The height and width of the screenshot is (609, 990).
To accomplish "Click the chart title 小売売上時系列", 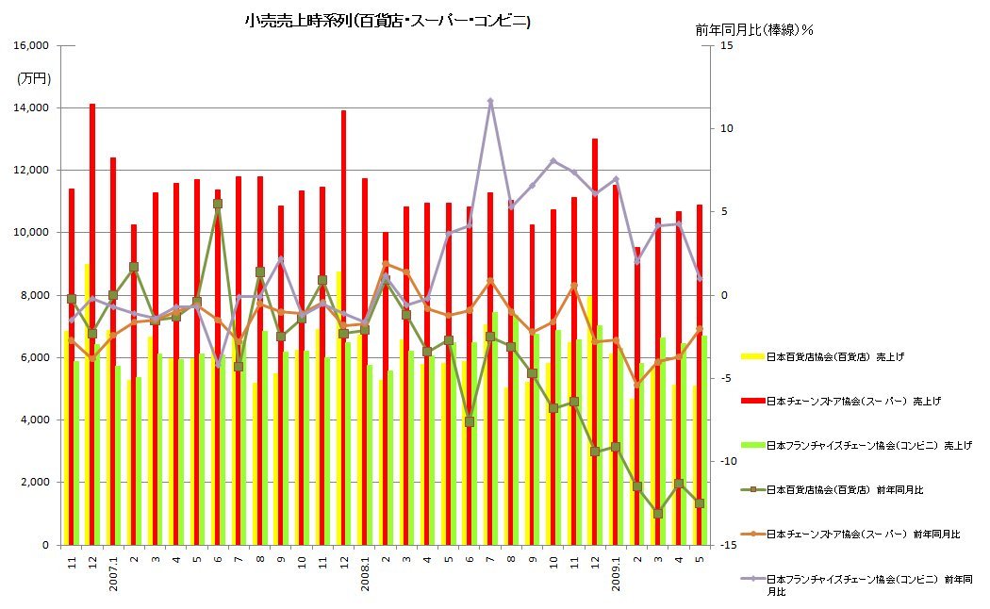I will [x=387, y=21].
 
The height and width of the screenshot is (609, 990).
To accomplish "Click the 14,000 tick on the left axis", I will [x=33, y=108].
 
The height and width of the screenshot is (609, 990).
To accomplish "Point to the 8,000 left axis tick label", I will [x=36, y=295].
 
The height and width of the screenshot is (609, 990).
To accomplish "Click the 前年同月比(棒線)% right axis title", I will [x=754, y=29].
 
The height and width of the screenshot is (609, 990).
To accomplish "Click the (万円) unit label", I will [x=34, y=78].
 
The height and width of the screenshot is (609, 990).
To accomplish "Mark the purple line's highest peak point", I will [x=491, y=101].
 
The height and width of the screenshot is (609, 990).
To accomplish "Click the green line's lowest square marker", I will [x=658, y=513].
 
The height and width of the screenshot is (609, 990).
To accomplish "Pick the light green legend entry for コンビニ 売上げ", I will [x=853, y=445].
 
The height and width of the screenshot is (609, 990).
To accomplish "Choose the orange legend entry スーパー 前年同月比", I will [x=853, y=534].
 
